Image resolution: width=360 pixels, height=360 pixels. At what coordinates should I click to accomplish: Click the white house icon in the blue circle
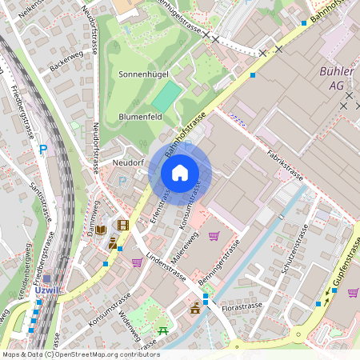click(180, 173)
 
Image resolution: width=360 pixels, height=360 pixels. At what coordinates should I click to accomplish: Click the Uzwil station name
click(48, 290)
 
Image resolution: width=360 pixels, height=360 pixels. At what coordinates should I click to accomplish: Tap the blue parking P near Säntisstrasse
click(43, 149)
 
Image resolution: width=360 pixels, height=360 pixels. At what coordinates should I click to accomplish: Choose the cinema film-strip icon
click(122, 226)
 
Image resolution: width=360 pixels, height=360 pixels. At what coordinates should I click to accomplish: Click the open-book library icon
click(102, 230)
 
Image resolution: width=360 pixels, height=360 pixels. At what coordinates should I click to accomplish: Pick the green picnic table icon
click(163, 330)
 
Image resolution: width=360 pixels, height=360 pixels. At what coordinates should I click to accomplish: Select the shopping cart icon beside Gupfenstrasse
click(353, 292)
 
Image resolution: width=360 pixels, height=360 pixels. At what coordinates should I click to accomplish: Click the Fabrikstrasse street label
click(286, 164)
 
